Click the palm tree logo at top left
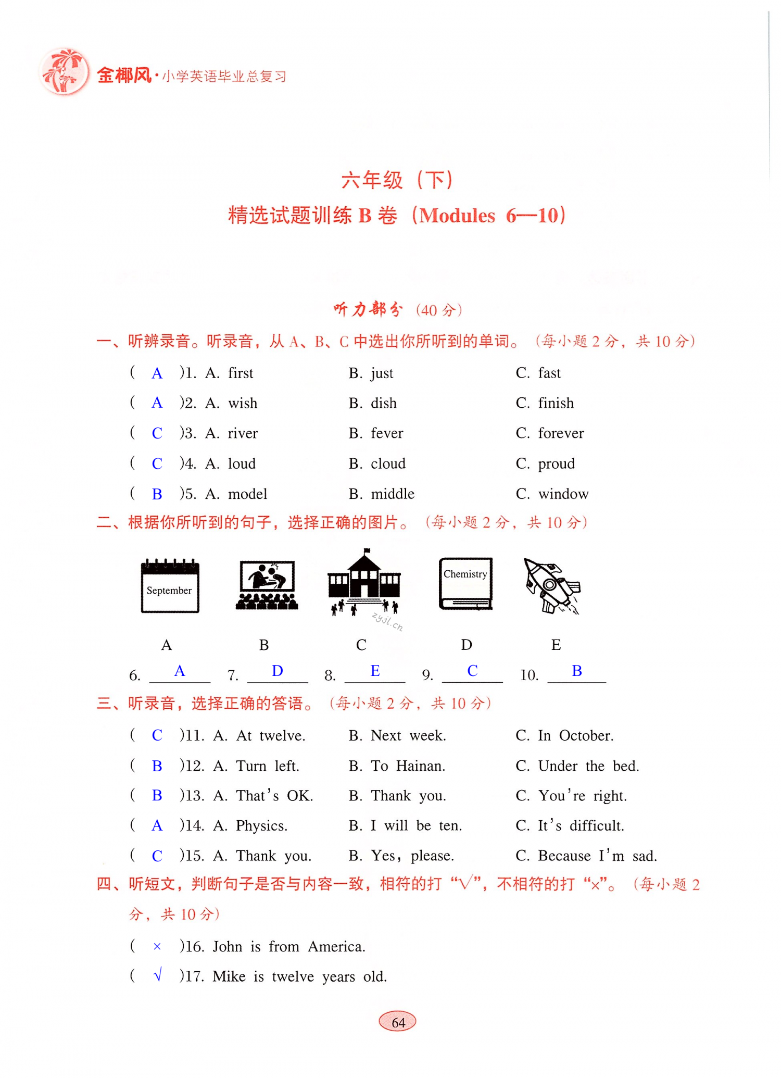tap(65, 72)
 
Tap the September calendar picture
tap(170, 586)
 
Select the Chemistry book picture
tap(465, 583)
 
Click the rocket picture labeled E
tap(552, 586)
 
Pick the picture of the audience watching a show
tap(267, 585)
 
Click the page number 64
tap(398, 1022)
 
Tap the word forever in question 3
tap(561, 433)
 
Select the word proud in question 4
tap(556, 463)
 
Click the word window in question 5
tap(563, 494)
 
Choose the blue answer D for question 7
tap(278, 671)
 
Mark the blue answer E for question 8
tap(375, 671)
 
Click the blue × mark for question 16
tap(157, 946)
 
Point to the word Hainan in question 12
tap(420, 766)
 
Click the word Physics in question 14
tap(261, 825)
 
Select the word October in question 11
tap(586, 735)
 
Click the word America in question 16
tap(336, 946)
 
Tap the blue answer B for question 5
tap(157, 494)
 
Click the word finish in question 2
tap(556, 403)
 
